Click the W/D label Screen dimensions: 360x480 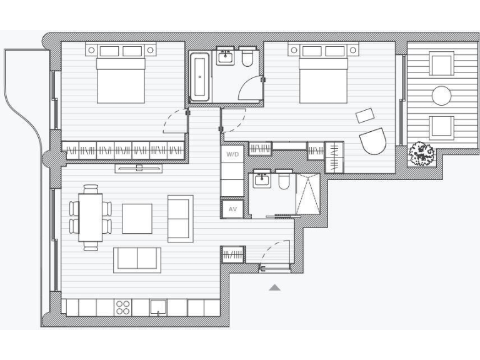(x=232, y=153)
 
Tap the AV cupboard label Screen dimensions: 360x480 (x=232, y=209)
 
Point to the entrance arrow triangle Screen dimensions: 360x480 (x=274, y=287)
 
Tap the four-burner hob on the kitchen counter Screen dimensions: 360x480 (x=123, y=307)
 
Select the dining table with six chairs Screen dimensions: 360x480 (x=90, y=217)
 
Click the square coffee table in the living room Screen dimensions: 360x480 (x=137, y=218)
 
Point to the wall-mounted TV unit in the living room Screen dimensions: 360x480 (x=139, y=167)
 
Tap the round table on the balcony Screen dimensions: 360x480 (x=442, y=96)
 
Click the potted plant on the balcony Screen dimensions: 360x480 (x=422, y=153)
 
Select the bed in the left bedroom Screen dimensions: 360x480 (x=122, y=78)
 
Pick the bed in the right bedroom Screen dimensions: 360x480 (x=324, y=78)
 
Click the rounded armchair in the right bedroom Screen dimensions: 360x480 (x=373, y=141)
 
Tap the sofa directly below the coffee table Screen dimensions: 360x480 (x=137, y=259)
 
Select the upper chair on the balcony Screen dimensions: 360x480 (x=441, y=64)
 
